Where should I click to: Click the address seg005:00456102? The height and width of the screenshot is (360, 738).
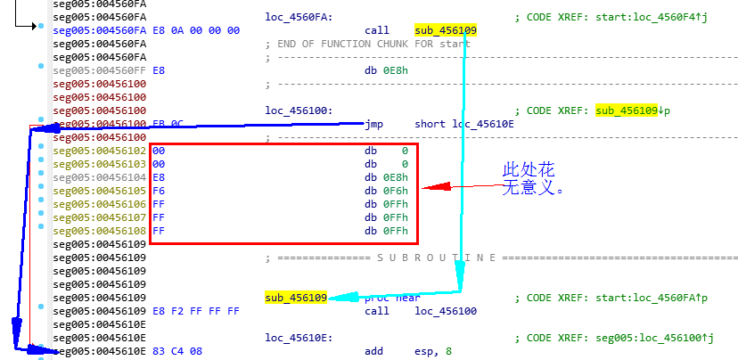(99, 151)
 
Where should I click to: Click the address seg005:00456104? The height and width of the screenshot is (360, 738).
(99, 178)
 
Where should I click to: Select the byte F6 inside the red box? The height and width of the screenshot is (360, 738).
(160, 192)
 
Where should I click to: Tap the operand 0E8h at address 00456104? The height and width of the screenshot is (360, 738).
(397, 178)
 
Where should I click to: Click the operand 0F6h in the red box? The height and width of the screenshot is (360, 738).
(397, 192)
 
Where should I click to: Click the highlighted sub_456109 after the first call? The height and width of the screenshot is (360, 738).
(446, 30)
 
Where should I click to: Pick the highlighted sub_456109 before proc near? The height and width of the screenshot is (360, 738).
(296, 298)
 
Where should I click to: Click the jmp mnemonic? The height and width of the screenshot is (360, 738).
(374, 124)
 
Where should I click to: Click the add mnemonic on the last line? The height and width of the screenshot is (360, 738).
(374, 351)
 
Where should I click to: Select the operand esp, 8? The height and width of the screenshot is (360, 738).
(433, 351)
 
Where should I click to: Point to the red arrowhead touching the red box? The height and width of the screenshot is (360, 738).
(425, 187)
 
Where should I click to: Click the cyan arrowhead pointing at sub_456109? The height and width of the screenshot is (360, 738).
(337, 298)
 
